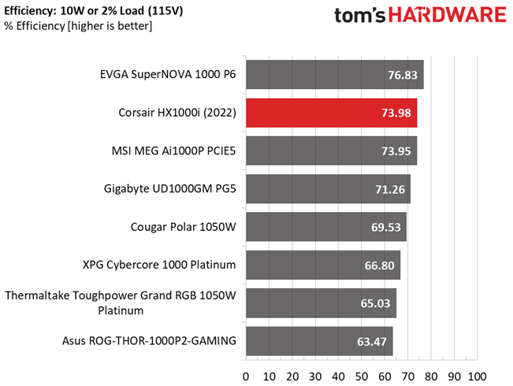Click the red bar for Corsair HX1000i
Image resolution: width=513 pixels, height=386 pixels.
click(x=331, y=113)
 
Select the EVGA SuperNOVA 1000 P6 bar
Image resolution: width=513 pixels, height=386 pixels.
click(x=334, y=75)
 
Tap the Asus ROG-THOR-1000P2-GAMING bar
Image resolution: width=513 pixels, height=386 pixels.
click(x=319, y=341)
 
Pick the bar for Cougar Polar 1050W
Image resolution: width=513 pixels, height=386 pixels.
click(x=325, y=227)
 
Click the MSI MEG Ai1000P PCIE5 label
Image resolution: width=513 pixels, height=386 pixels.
click(x=175, y=150)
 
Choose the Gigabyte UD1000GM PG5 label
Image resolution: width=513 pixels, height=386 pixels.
click(x=170, y=189)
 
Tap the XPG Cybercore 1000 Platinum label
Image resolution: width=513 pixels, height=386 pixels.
click(x=159, y=265)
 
